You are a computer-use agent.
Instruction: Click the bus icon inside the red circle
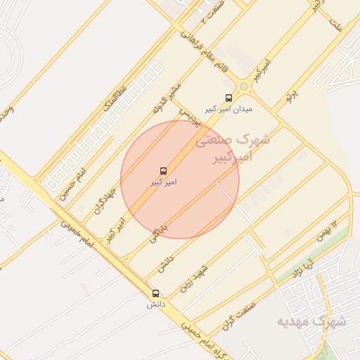pyautogui.click(x=164, y=171)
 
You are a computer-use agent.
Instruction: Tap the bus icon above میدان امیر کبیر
pyautogui.click(x=228, y=98)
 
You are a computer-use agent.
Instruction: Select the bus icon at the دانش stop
pyautogui.click(x=155, y=293)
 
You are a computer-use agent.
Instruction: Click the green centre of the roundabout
pyautogui.click(x=244, y=86)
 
